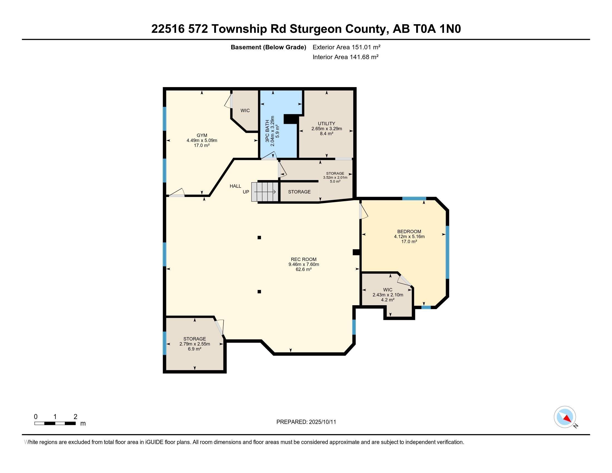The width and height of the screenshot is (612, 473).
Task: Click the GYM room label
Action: (x=202, y=135)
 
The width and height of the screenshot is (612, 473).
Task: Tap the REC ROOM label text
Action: (x=304, y=260)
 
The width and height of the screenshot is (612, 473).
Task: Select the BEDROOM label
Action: (x=409, y=231)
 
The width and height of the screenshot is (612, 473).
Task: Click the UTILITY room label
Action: (x=327, y=124)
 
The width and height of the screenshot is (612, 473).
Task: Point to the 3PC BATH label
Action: (x=267, y=130)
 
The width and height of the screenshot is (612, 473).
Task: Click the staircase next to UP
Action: (x=265, y=192)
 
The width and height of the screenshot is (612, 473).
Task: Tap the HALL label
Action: (x=235, y=186)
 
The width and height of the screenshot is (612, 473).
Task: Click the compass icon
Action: (x=565, y=417)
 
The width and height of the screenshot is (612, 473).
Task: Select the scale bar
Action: (x=55, y=423)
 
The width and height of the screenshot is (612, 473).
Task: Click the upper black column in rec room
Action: (x=259, y=238)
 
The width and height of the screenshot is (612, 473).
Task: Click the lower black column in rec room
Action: (x=259, y=292)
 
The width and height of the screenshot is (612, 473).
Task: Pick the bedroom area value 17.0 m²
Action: (x=409, y=241)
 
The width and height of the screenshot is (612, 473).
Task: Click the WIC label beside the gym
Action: (x=245, y=111)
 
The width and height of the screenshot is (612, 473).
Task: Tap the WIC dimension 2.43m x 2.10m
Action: (x=388, y=295)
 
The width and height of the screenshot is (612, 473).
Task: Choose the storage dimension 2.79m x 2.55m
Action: (x=195, y=344)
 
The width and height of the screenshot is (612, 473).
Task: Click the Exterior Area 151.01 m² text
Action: (x=346, y=47)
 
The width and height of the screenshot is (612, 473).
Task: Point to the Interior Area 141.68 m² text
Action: (x=346, y=57)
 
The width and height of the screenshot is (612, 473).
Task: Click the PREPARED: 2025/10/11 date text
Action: (x=306, y=422)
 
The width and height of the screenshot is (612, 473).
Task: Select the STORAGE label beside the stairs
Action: (x=299, y=192)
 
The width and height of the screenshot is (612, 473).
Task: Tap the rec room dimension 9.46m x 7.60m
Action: (x=304, y=264)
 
